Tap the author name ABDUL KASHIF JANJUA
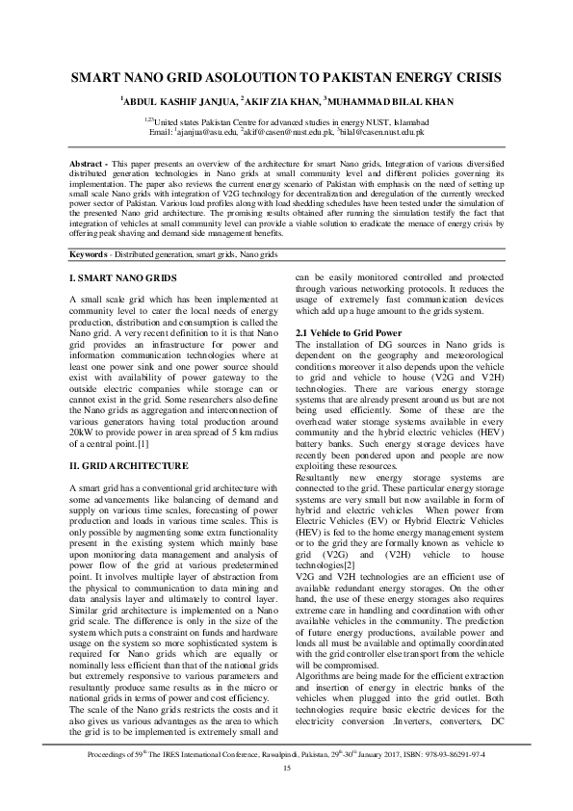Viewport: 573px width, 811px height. coord(179,100)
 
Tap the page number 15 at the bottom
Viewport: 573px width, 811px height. coord(286,793)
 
